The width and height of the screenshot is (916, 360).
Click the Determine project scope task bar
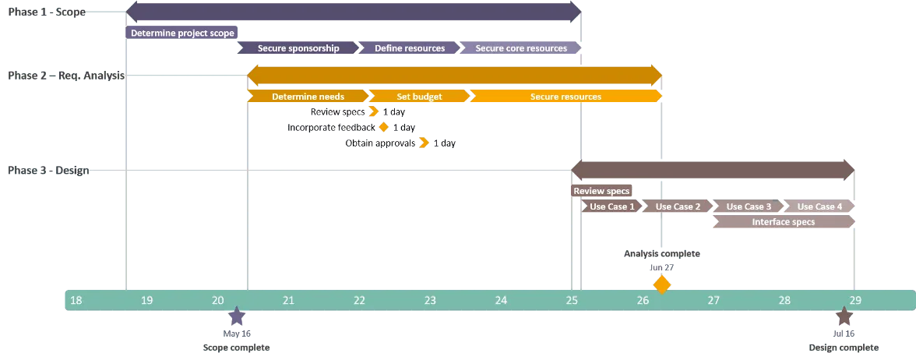pos(182,34)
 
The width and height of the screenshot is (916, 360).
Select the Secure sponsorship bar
pos(298,48)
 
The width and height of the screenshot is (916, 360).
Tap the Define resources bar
pos(410,48)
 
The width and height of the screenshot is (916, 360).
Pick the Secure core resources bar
pos(521,48)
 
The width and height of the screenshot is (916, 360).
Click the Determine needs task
pos(308,97)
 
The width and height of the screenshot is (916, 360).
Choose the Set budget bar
pos(419,97)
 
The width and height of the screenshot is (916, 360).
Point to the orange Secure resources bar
pos(565,97)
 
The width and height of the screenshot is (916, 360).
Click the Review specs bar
pos(601,191)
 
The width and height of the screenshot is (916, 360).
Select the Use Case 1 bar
pos(612,206)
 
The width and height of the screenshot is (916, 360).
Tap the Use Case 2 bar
pos(678,206)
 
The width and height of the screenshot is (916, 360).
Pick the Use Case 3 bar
pos(749,206)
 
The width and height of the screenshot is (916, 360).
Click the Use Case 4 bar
pos(819,206)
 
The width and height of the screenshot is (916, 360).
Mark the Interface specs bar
pos(783,222)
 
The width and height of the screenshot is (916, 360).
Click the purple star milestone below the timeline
pos(237,317)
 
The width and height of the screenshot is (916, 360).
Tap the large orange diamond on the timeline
pos(661,284)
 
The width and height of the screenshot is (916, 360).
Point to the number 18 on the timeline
pos(76,301)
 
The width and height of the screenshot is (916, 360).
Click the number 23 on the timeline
pos(430,301)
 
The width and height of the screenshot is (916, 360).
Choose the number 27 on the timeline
pos(713,301)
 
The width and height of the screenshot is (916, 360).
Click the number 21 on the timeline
pos(288,301)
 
